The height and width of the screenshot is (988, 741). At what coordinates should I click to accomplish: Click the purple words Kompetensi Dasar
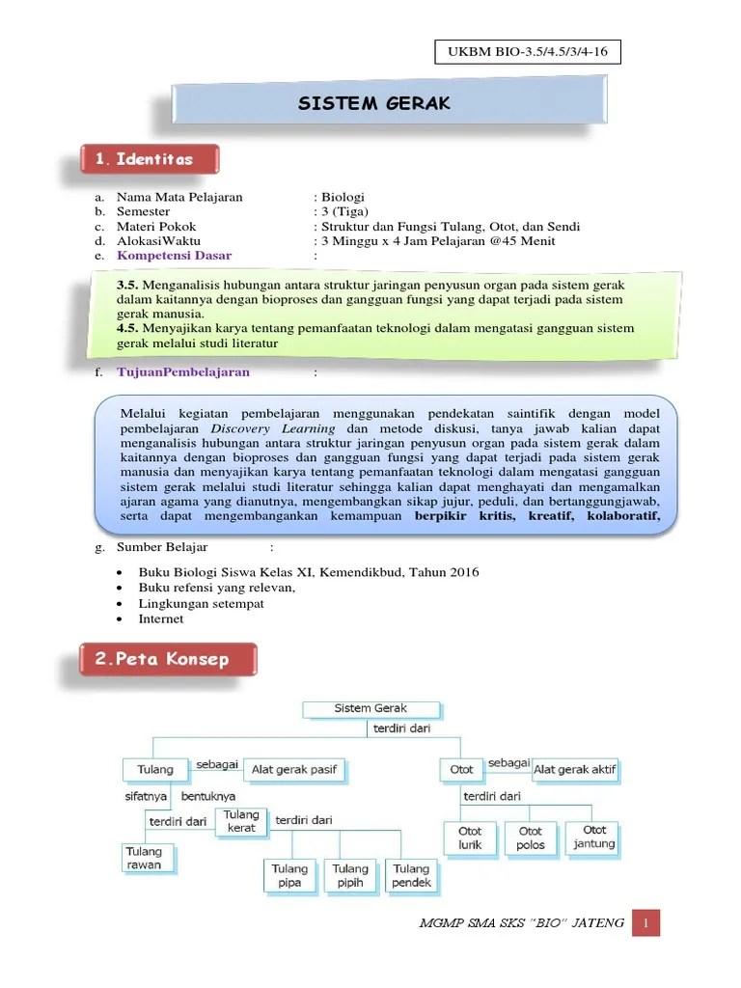175,256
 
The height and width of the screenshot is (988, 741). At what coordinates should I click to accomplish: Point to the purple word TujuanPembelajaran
183,371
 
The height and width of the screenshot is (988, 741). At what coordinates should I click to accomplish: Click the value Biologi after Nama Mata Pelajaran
344,197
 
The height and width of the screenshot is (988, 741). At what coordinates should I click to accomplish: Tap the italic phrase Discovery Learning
273,427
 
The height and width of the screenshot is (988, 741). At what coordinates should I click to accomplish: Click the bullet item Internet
161,618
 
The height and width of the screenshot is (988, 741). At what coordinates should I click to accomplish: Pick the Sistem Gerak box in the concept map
371,709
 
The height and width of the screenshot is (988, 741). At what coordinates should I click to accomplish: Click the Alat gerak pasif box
295,770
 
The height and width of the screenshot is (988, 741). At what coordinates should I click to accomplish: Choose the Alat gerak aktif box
575,770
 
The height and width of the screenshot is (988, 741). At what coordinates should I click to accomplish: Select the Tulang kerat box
241,822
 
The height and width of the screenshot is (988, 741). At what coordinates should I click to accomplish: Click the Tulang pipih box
350,875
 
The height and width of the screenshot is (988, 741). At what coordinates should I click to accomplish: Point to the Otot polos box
530,837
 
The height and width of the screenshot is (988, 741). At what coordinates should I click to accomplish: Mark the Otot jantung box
593,837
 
